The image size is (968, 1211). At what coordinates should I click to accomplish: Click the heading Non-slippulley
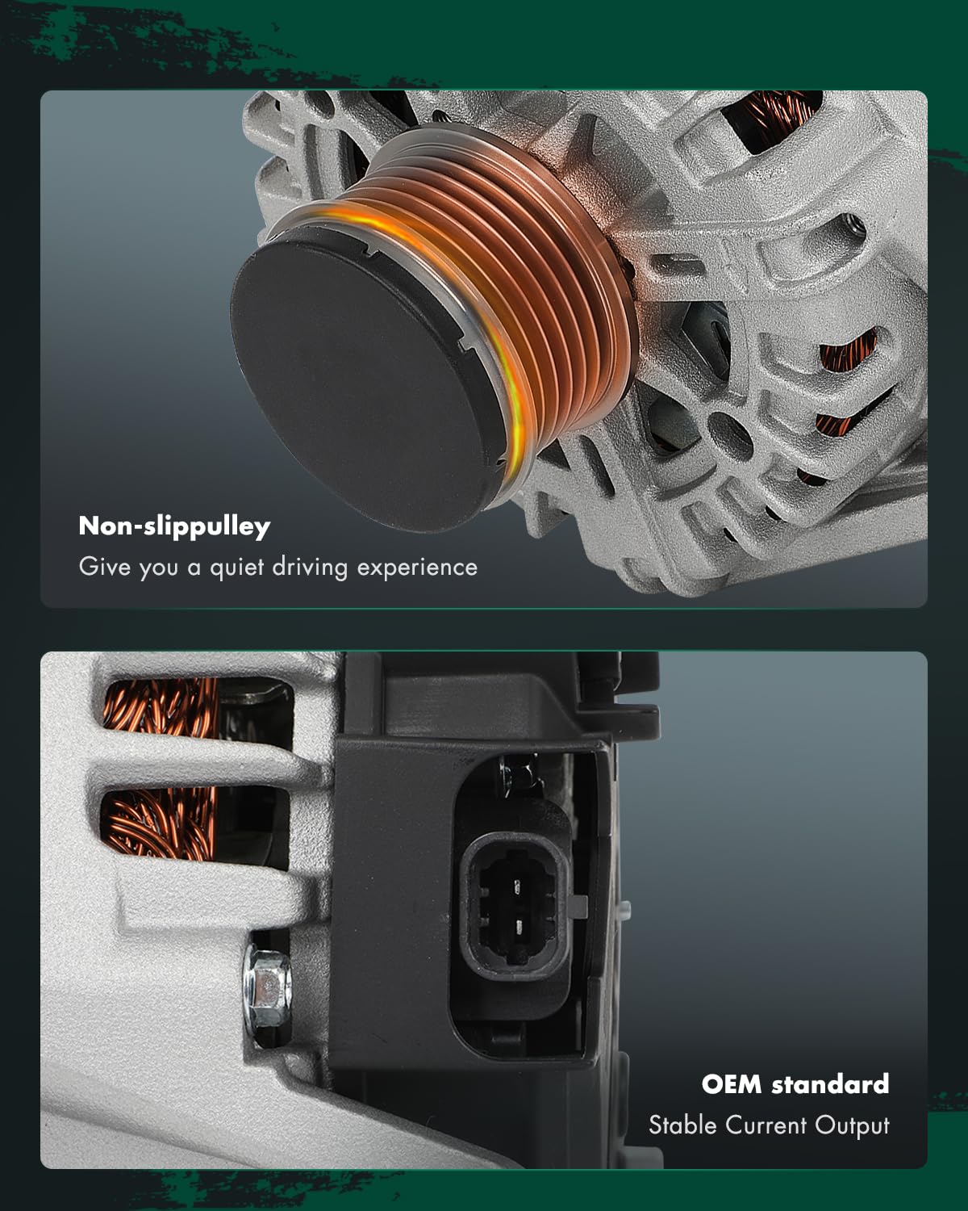pos(174,526)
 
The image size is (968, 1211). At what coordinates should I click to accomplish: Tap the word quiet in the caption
pos(237,568)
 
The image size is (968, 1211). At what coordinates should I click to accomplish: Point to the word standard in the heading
pos(830,1083)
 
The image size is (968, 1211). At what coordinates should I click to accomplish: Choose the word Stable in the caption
pos(682,1125)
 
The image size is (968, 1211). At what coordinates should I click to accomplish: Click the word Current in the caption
pos(766,1125)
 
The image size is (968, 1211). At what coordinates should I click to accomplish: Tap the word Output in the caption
pos(853,1126)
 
